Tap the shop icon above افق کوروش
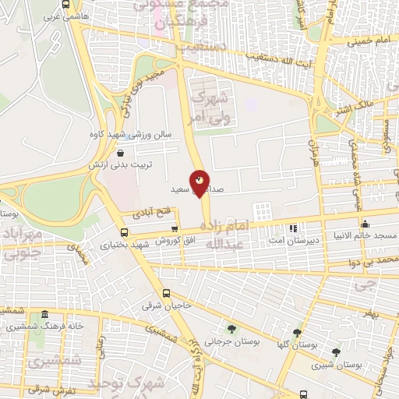coord(174,229)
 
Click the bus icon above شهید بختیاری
coord(124,232)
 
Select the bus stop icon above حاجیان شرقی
coord(166,294)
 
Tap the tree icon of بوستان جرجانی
coord(231,328)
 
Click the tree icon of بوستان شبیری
coord(336,351)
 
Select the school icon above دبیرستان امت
coord(293,228)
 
